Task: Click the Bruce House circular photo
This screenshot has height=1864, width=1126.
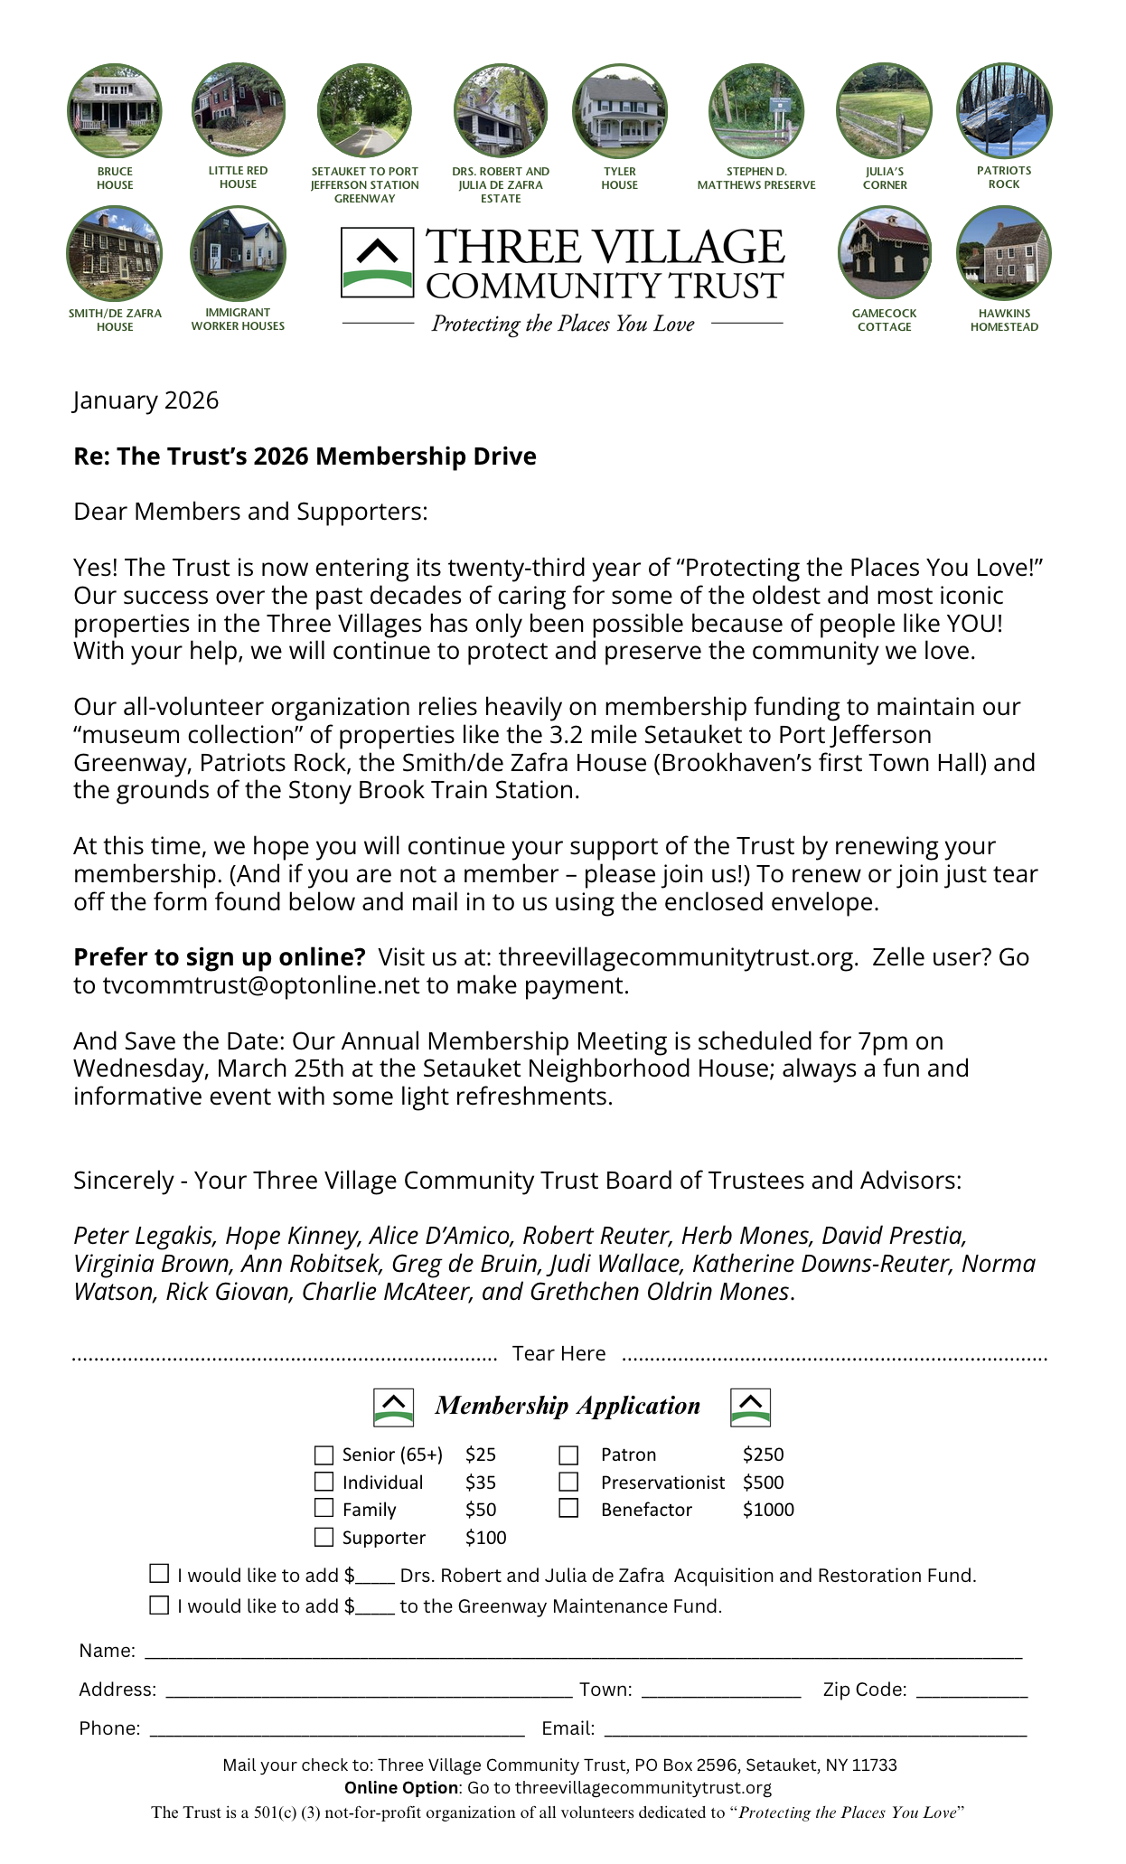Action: click(x=115, y=111)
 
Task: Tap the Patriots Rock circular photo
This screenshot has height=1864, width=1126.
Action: click(x=1004, y=110)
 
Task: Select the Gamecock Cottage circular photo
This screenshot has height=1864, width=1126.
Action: click(x=885, y=253)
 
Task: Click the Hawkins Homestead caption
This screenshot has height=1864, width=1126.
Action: click(x=1004, y=320)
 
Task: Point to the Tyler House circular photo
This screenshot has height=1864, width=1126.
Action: click(x=620, y=111)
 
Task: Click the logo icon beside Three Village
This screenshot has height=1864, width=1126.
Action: click(x=377, y=263)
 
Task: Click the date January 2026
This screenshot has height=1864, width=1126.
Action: click(x=146, y=400)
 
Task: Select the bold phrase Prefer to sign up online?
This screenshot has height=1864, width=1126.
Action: click(x=220, y=957)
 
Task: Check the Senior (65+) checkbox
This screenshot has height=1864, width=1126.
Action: click(x=324, y=1454)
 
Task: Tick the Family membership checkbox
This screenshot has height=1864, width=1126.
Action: click(x=324, y=1508)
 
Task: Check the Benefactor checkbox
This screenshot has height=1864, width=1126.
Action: click(x=568, y=1508)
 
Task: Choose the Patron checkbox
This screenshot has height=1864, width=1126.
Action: click(x=568, y=1454)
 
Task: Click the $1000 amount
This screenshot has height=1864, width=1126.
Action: click(x=768, y=1510)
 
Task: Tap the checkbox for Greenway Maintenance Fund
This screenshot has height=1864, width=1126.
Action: click(x=159, y=1605)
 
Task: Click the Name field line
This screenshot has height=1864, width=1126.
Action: click(x=583, y=1652)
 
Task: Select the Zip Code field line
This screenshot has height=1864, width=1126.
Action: click(x=971, y=1691)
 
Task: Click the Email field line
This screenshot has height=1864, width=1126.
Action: click(x=814, y=1730)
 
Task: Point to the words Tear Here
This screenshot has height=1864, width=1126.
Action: click(x=558, y=1353)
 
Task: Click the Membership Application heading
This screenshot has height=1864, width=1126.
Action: click(x=568, y=1406)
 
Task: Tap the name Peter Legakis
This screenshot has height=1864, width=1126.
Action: click(x=145, y=1236)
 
